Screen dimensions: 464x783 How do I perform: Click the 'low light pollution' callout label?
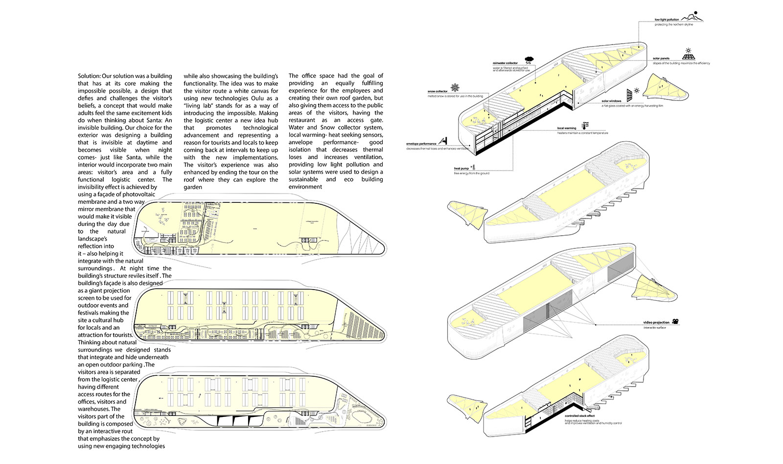tap(667, 20)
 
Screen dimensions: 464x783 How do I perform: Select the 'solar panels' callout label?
tap(661, 58)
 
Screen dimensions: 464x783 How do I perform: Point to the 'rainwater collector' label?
tap(505, 63)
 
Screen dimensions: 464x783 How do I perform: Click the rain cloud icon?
tap(529, 60)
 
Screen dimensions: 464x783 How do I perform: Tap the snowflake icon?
tap(455, 88)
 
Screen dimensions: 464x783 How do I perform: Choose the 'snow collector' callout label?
tap(437, 92)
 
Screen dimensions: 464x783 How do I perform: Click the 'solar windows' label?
tap(611, 101)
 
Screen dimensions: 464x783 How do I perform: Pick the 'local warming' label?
tap(567, 128)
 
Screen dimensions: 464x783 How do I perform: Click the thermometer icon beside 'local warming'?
tap(585, 126)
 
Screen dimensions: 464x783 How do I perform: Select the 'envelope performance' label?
tap(421, 144)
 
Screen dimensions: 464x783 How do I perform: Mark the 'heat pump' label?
tap(461, 169)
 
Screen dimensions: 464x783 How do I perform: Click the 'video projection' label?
tap(656, 322)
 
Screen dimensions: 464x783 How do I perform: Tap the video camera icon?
tap(675, 321)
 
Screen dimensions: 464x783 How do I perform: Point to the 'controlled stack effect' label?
tap(579, 416)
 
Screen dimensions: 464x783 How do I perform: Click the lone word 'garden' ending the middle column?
tap(193, 187)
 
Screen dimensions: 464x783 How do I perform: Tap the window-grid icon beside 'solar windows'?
tap(629, 94)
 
